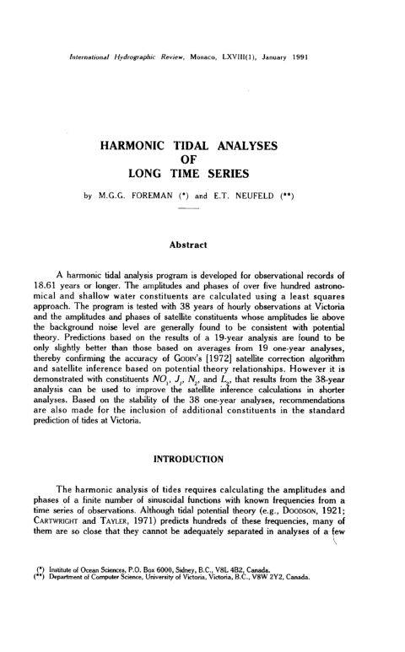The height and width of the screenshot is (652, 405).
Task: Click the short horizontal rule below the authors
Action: pos(202,212)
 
